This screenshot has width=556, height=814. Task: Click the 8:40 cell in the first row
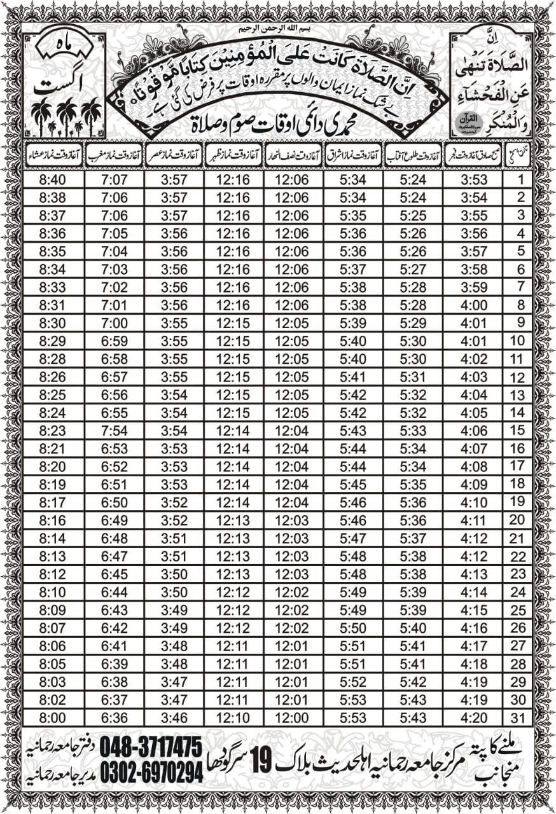coord(53,180)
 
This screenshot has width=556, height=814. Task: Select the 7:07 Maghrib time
coord(114,180)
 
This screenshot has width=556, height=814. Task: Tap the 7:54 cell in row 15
coord(114,431)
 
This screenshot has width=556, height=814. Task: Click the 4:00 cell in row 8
coord(473,305)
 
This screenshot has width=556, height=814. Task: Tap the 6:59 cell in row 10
coord(114,341)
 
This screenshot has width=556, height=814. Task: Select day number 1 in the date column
coord(521,179)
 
